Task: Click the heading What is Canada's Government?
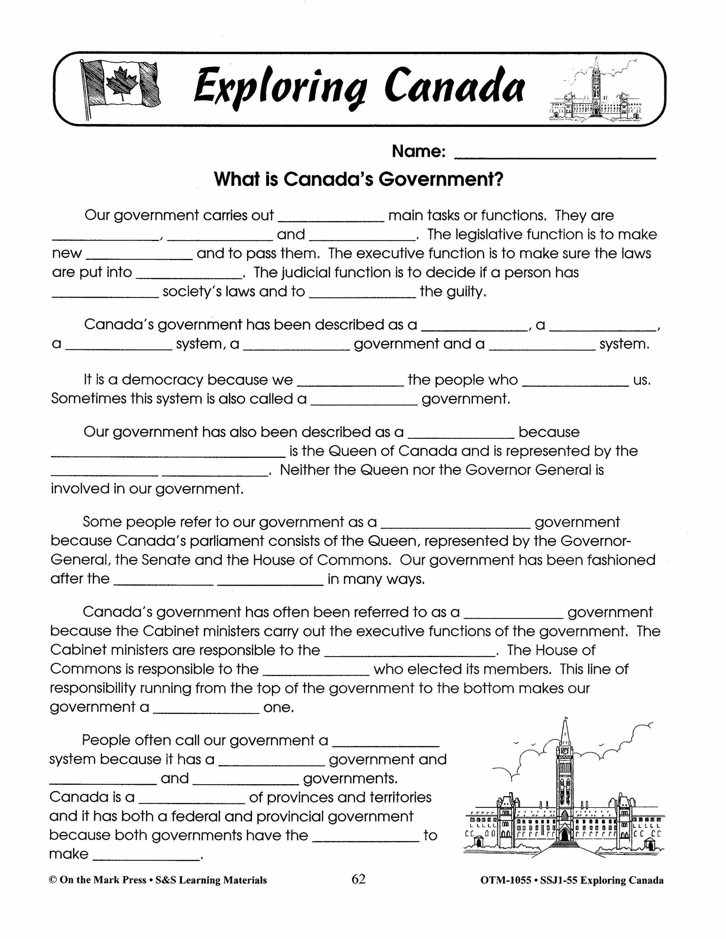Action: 358,179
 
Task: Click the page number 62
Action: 358,879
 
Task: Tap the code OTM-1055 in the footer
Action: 506,880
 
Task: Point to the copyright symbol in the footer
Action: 53,880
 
